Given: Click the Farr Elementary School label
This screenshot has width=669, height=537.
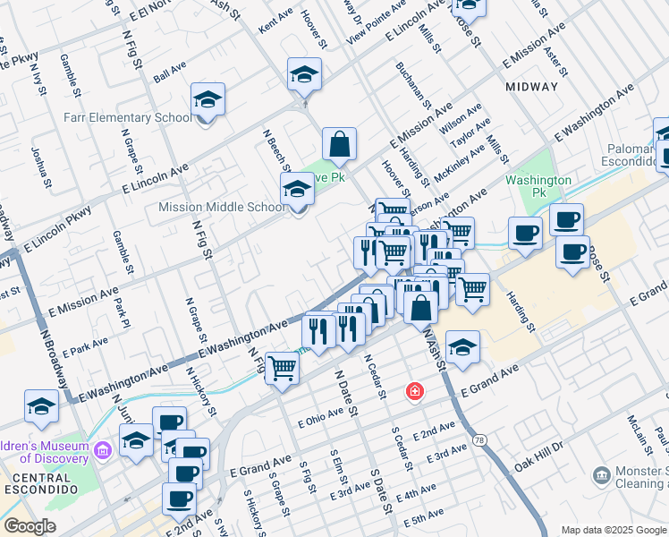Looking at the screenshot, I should (x=127, y=117).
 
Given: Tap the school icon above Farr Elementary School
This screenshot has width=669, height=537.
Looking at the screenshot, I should (x=207, y=100).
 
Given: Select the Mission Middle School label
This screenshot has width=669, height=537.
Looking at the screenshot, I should (x=222, y=207).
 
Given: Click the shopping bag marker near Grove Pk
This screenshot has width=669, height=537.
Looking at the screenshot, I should (x=340, y=144).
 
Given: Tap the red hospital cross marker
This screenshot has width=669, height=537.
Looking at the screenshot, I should (x=413, y=392).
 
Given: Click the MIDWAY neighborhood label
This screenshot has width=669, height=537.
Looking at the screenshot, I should (x=531, y=87).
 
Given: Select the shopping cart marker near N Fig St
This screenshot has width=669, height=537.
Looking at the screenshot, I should (x=283, y=367).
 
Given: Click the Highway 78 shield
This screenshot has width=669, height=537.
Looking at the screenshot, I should (x=480, y=439).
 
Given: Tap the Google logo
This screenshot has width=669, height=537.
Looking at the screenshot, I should (x=30, y=526).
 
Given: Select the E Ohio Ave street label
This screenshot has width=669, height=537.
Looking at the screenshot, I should (x=321, y=417).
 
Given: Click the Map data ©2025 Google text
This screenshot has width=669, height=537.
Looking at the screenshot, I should (x=613, y=530).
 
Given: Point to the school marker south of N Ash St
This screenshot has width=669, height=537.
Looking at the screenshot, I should (x=462, y=348).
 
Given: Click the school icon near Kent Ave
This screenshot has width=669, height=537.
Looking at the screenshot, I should (x=305, y=74).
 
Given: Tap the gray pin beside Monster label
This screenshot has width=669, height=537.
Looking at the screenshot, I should (x=601, y=473).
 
